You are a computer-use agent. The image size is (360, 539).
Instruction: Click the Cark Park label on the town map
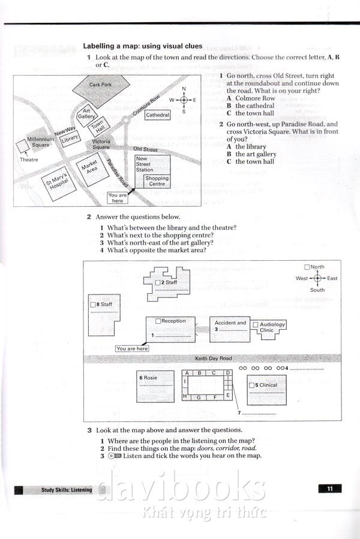(x=100, y=85)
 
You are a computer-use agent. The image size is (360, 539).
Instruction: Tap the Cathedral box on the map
(x=158, y=115)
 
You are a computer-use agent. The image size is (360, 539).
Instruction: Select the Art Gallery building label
(x=87, y=114)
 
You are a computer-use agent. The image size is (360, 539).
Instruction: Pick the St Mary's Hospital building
(x=59, y=182)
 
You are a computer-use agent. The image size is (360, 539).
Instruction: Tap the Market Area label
(x=89, y=165)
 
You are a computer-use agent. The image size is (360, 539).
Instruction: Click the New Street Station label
(x=145, y=164)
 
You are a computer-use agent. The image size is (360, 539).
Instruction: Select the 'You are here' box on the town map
(x=118, y=198)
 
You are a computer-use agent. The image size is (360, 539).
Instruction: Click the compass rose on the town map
(x=184, y=100)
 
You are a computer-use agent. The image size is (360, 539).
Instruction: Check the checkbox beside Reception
(x=158, y=321)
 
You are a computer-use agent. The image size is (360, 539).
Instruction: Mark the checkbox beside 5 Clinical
(x=251, y=385)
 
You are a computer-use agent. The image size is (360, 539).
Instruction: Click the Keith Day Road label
(x=213, y=359)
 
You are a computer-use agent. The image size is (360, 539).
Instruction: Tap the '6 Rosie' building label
(x=149, y=378)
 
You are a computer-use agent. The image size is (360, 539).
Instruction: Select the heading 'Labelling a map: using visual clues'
(x=142, y=46)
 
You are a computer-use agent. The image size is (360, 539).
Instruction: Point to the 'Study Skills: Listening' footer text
(x=67, y=490)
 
